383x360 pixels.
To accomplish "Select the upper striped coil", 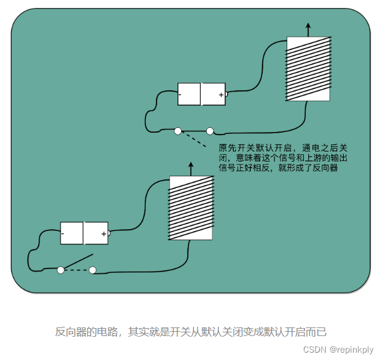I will (308, 69).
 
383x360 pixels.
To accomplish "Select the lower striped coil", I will (190, 208).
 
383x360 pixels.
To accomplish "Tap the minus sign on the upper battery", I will (180, 95).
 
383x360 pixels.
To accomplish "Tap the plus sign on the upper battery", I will (221, 95).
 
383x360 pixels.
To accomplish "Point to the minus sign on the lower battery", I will (63, 233).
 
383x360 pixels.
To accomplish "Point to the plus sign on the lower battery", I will (103, 233).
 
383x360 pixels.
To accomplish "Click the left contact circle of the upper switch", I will (178, 131).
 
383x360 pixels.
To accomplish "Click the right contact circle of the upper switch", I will (210, 131).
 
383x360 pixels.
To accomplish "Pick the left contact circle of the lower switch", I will (60, 270).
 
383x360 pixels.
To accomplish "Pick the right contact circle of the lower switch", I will (93, 270).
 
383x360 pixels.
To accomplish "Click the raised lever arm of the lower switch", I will (79, 261).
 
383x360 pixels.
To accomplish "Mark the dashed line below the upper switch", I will (195, 140).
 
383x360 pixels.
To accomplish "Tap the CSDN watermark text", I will (315, 350).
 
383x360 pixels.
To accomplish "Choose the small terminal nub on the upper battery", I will (226, 94).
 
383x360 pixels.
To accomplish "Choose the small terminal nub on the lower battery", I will (109, 233).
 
